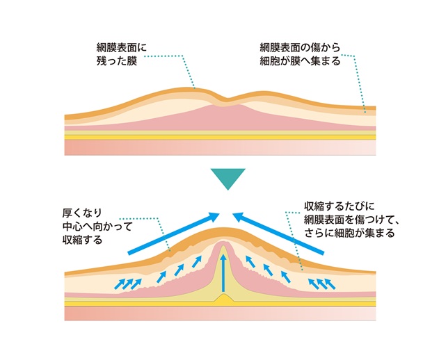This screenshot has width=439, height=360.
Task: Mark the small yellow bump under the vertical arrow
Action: pyautogui.click(x=223, y=298)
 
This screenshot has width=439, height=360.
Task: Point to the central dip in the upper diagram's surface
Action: pyautogui.click(x=223, y=99)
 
